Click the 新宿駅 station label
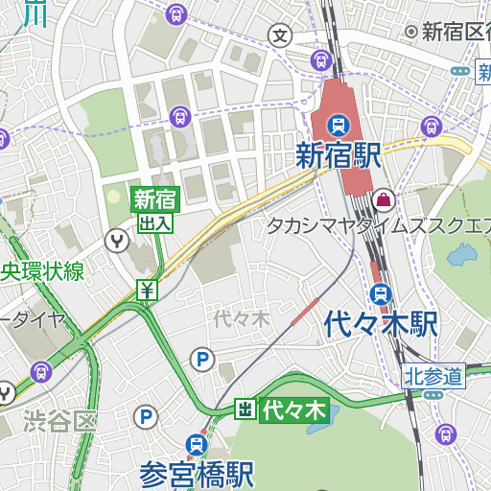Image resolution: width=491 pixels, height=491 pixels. (x=339, y=155)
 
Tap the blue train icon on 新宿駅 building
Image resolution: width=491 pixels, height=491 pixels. (x=338, y=125)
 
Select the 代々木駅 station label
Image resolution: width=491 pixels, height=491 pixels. (x=381, y=323)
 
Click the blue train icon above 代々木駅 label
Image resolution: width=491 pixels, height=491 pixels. (x=382, y=293)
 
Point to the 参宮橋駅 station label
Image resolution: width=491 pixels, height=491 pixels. (x=197, y=474)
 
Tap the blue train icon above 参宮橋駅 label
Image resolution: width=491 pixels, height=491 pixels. (x=197, y=444)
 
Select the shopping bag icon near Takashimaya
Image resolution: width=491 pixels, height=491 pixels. (x=384, y=199)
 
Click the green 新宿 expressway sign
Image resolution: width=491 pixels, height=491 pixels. (x=155, y=199)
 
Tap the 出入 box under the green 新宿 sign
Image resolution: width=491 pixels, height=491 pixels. (x=155, y=222)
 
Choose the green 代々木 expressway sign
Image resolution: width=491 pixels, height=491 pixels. (x=294, y=410)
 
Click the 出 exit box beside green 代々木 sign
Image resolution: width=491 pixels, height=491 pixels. (x=245, y=410)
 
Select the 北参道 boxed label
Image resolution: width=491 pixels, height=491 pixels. (x=433, y=376)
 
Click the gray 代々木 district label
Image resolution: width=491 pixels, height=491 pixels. (x=242, y=318)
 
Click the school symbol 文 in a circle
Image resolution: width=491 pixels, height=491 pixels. (x=280, y=36)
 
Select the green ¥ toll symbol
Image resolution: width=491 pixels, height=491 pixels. (x=147, y=290)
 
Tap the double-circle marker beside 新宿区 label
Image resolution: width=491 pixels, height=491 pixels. (x=411, y=32)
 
